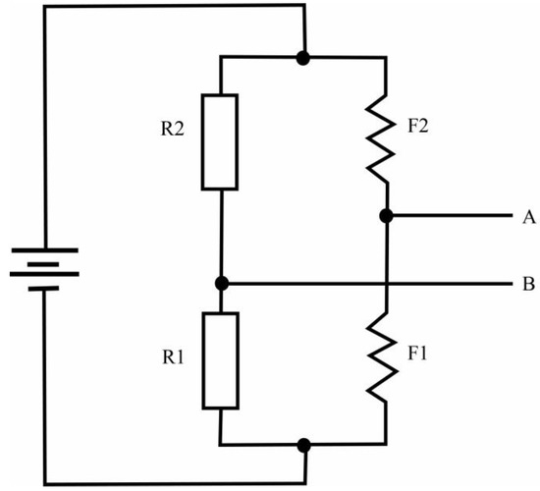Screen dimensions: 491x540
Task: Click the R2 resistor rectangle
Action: click(x=220, y=141)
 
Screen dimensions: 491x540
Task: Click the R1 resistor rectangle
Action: click(x=220, y=359)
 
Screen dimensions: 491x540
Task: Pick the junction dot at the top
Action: click(x=304, y=58)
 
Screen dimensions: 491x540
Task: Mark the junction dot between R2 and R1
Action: click(x=221, y=284)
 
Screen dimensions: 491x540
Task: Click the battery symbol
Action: click(x=43, y=269)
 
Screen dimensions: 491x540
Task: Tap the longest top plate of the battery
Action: click(x=43, y=250)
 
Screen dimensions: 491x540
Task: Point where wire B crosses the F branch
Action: click(x=387, y=285)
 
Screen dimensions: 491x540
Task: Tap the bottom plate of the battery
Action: click(x=43, y=292)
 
